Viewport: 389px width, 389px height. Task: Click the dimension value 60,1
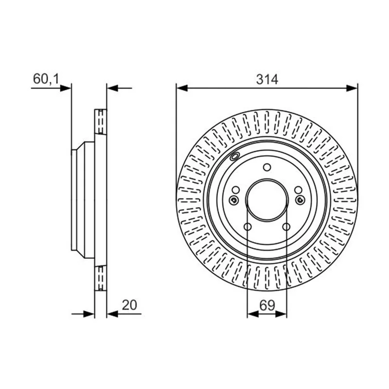[x=46, y=79]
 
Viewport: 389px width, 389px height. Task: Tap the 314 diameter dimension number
[x=267, y=79]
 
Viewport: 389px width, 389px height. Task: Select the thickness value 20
[x=129, y=305]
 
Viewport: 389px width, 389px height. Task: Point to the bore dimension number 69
[x=267, y=305]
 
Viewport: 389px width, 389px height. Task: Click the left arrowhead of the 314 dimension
[x=182, y=88]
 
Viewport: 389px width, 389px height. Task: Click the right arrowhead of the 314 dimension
[x=352, y=88]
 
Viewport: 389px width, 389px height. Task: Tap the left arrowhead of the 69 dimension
[x=253, y=314]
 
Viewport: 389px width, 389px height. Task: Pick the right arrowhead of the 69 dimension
[x=281, y=314]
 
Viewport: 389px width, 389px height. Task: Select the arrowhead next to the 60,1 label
[x=66, y=88]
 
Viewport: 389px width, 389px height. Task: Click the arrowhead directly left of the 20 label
[x=112, y=314]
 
